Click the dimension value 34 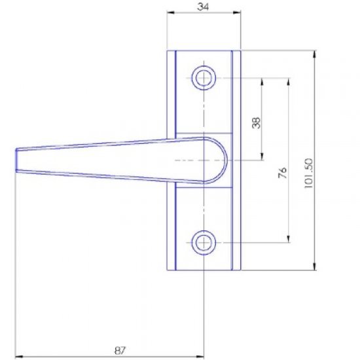[x=203, y=6]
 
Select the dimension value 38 [x=256, y=122]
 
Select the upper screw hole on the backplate [x=204, y=78]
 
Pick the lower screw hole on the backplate [x=204, y=242]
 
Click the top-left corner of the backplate [x=167, y=51]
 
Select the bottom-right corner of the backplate [x=241, y=270]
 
